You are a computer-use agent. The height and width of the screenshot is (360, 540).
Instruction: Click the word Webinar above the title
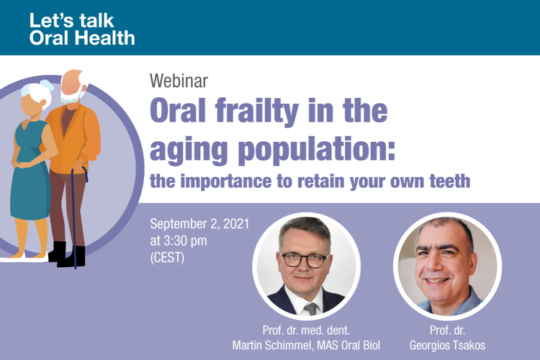point(179,81)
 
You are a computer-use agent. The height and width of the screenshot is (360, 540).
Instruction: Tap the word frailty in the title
point(257,110)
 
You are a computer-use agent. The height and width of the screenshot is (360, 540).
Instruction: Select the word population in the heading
point(317,149)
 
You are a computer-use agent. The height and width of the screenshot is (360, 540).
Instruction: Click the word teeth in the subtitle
point(450,181)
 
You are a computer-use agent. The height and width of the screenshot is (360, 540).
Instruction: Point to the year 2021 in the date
point(236,224)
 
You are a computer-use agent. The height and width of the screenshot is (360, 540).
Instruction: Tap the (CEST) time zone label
point(167,258)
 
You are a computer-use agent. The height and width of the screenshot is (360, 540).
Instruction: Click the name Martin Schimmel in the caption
point(272,345)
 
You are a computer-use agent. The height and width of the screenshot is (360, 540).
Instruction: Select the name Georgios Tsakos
point(447,345)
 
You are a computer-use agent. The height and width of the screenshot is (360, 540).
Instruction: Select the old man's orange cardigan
point(74,138)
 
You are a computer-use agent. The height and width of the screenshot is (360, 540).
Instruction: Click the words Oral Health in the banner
point(82,38)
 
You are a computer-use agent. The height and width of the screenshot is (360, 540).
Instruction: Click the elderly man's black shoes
point(68,256)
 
